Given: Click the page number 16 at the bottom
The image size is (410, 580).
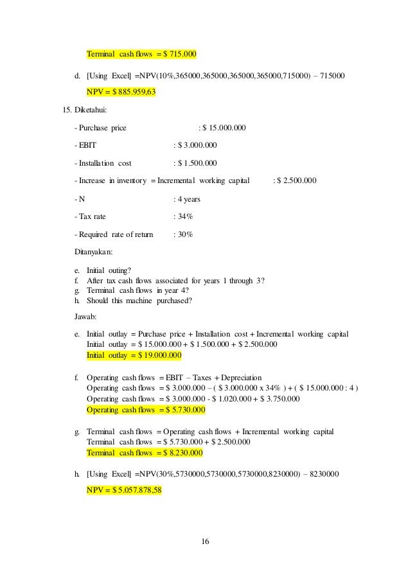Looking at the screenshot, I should click(x=205, y=542).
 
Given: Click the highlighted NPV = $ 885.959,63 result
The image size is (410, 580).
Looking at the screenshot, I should click(x=121, y=91).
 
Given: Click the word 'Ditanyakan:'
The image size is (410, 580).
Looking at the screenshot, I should click(x=94, y=252).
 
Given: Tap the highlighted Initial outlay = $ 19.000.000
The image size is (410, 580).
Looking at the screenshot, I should click(x=134, y=355).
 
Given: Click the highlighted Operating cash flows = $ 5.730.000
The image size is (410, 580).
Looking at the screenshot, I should click(x=145, y=409).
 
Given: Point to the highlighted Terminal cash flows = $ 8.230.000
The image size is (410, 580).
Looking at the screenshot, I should click(x=144, y=453).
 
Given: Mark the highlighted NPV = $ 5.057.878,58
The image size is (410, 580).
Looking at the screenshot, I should click(x=124, y=490).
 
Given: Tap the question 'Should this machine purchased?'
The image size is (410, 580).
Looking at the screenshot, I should click(x=139, y=301).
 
